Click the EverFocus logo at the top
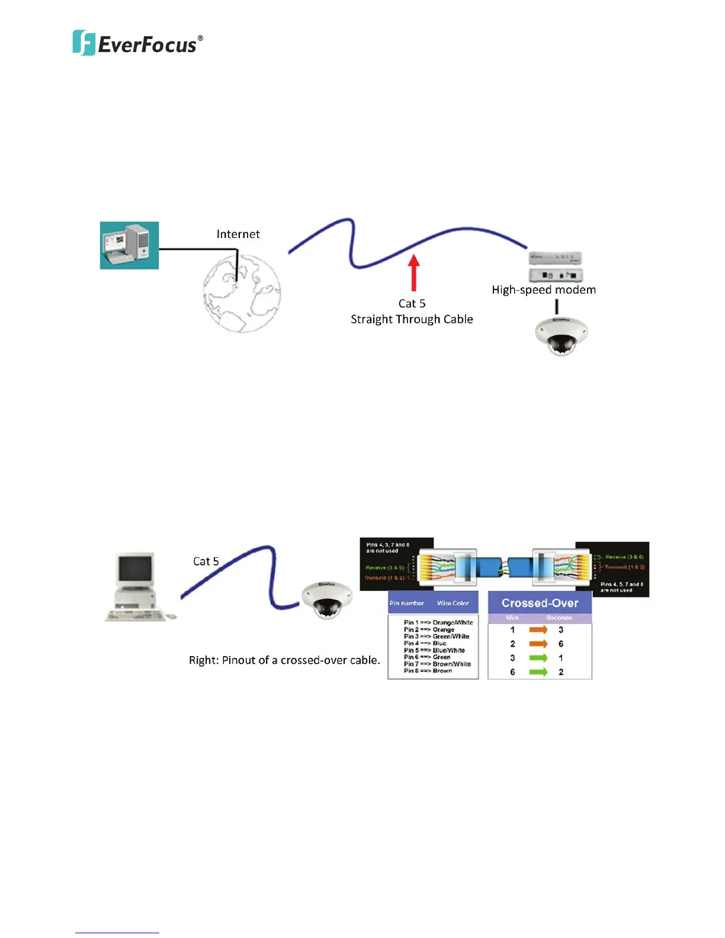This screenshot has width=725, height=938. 137,43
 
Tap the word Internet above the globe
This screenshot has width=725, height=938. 238,234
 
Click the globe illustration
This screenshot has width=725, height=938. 242,293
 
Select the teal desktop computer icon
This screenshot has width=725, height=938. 129,245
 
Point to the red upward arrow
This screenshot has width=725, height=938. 414,272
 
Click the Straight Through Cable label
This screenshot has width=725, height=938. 412,319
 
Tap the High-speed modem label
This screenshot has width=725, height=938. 544,290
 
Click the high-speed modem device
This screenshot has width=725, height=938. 556,266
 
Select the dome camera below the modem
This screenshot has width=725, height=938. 561,336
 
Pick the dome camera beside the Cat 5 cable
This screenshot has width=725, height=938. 326,600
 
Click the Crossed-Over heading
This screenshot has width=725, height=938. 540,603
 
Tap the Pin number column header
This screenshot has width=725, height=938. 406,603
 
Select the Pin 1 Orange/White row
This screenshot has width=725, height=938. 438,622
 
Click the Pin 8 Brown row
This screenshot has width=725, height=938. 428,671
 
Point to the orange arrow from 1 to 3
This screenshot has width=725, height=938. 538,629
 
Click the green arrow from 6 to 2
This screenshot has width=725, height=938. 538,672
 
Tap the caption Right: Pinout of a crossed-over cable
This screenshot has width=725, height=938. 284,660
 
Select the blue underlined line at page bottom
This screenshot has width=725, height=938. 117,933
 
